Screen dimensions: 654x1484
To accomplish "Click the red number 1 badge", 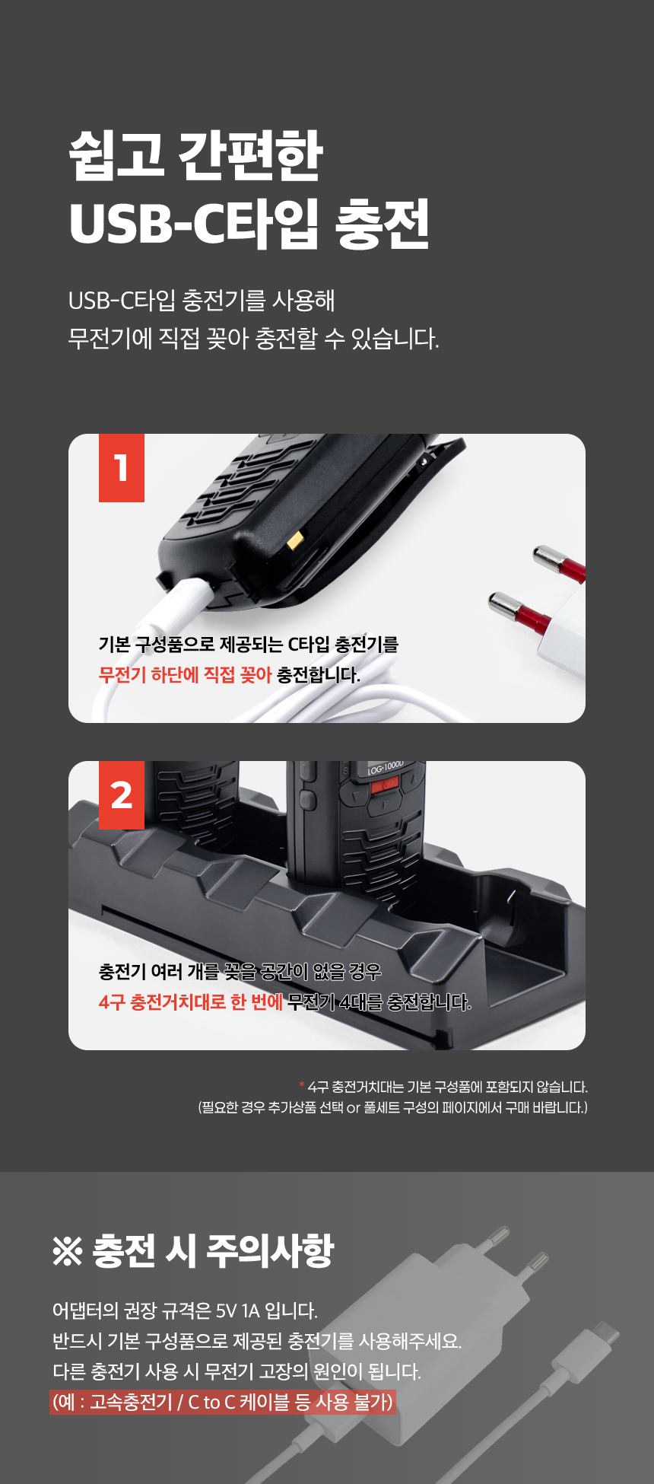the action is [x=122, y=468].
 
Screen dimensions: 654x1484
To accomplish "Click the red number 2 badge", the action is [x=122, y=795].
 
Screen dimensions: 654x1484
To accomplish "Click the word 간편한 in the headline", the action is [x=251, y=155].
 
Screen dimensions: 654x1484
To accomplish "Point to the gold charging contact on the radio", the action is [x=295, y=541].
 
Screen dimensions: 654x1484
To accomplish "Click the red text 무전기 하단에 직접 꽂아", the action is [x=185, y=674].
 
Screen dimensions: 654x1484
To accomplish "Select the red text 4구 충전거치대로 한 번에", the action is [x=190, y=1002].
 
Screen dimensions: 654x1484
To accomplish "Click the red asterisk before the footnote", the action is [x=302, y=1084].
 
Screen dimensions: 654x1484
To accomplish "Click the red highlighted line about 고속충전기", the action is [x=223, y=1402].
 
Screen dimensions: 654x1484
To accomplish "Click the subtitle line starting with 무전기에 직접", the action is [x=253, y=338].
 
